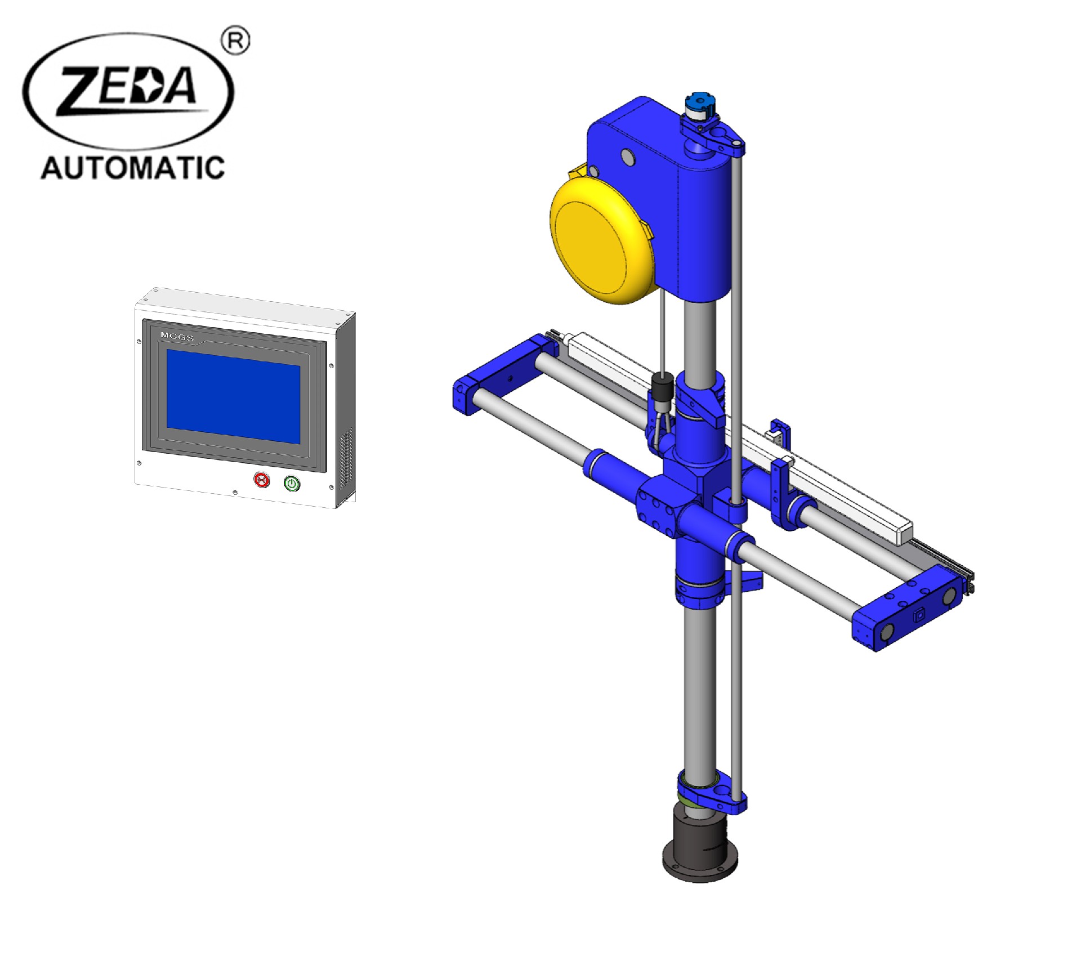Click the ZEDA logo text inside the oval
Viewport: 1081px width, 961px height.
click(x=128, y=90)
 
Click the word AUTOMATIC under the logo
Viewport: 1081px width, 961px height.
click(x=133, y=168)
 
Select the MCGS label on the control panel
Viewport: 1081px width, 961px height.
click(x=177, y=337)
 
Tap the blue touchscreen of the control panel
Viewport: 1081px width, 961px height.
click(x=233, y=396)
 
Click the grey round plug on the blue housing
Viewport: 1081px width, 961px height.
click(x=628, y=157)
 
